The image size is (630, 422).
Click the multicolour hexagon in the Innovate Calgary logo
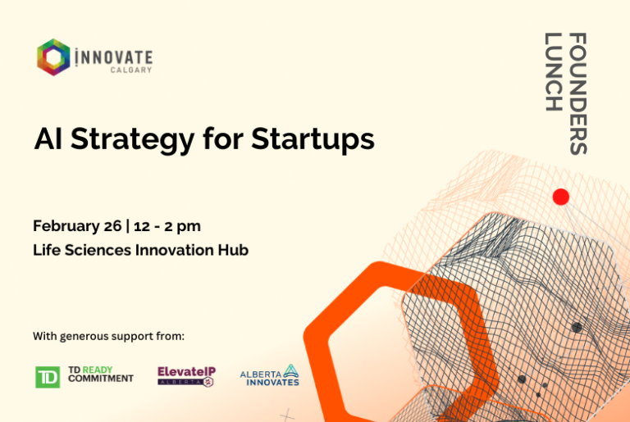click(x=53, y=57)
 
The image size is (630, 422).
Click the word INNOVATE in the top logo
click(x=114, y=57)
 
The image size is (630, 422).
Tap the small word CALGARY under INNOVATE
click(x=131, y=70)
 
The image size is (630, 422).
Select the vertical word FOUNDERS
click(x=578, y=93)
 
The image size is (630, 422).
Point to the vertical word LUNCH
click(x=553, y=72)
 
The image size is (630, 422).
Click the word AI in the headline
click(x=48, y=139)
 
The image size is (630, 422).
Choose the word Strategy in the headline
click(x=133, y=141)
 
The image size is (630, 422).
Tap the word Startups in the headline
click(x=313, y=141)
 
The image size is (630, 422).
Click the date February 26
click(x=77, y=226)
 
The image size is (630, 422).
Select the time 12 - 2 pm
click(x=167, y=226)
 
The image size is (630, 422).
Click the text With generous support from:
click(x=109, y=337)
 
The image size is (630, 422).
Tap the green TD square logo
click(x=48, y=377)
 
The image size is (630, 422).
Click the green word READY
click(x=98, y=370)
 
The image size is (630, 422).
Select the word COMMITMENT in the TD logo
click(x=101, y=379)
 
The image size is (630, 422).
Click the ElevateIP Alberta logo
click(x=187, y=376)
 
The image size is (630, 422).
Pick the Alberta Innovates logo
click(x=270, y=375)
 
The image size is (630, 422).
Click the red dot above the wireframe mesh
click(x=561, y=197)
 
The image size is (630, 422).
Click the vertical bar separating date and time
click(x=128, y=226)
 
